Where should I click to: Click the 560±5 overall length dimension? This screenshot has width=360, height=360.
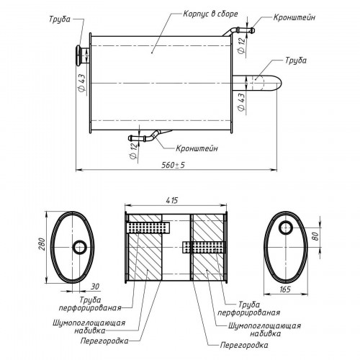173,165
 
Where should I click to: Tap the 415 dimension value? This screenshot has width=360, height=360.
172,200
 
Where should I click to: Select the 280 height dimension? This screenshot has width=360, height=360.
42,244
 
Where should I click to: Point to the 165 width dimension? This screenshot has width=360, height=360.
285,289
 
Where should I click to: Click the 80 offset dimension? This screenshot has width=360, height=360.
316,236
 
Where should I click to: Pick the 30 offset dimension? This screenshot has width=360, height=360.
95,287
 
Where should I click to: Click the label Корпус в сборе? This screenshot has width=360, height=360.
210,14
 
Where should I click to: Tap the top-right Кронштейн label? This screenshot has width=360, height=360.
294,17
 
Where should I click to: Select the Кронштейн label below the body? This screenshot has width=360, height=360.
197,148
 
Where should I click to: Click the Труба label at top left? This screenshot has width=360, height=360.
60,19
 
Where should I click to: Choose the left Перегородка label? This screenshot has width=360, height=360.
104,341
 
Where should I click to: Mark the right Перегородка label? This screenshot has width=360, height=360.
244,345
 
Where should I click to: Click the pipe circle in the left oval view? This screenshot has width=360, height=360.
79,247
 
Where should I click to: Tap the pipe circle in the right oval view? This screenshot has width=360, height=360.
286,228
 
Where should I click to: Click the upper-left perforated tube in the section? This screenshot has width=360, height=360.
148,228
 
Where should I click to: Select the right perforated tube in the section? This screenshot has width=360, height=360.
204,247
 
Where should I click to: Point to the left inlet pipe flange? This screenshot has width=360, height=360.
78,55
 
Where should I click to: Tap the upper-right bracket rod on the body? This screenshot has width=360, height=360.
239,31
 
